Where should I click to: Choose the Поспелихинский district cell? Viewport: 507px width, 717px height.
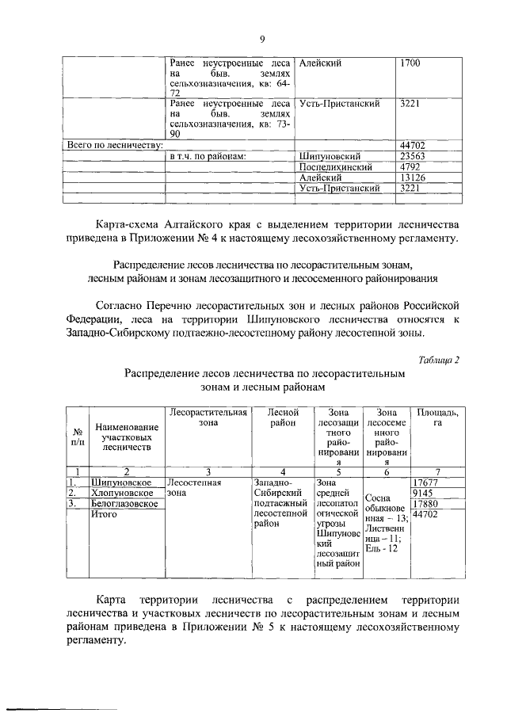pyautogui.click(x=334, y=167)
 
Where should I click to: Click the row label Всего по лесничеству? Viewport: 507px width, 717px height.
pyautogui.click(x=115, y=145)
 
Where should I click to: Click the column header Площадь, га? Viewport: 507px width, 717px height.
pyautogui.click(x=436, y=418)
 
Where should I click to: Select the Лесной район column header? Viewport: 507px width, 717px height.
pyautogui.click(x=282, y=418)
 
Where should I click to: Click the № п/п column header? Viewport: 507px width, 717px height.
pyautogui.click(x=78, y=438)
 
